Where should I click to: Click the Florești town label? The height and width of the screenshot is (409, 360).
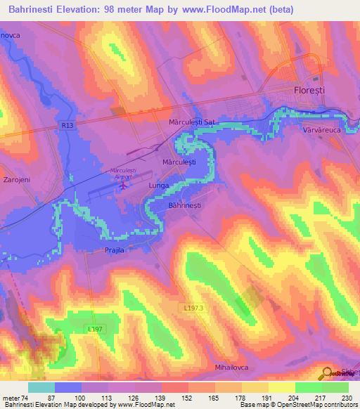pos(309,91)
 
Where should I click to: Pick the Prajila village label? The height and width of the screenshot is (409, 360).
pos(115,249)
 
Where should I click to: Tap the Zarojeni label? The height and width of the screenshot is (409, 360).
pos(15,179)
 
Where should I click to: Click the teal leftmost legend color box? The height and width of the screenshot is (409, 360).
pos(41,387)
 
